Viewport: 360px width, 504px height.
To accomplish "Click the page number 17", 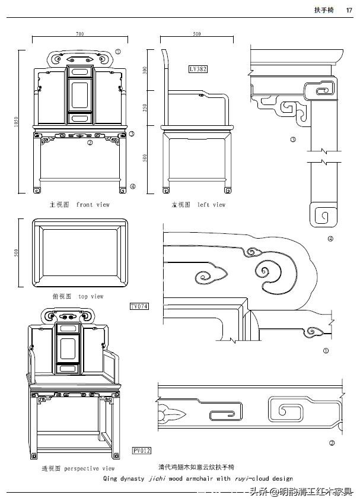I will click(349, 9).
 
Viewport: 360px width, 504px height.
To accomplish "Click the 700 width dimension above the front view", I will click(79, 34).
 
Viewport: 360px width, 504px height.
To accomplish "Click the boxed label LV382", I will click(198, 69).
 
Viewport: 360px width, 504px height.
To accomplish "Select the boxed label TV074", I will click(139, 306).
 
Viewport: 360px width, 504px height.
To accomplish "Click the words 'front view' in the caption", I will click(93, 205).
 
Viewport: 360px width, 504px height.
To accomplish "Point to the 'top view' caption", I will click(90, 296).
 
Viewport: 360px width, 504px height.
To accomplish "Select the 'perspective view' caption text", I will click(89, 468).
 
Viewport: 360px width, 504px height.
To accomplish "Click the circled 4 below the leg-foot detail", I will click(330, 239).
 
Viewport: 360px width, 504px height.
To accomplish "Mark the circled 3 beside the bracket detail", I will click(293, 140).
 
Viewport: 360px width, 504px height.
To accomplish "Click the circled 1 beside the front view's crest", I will click(117, 52).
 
